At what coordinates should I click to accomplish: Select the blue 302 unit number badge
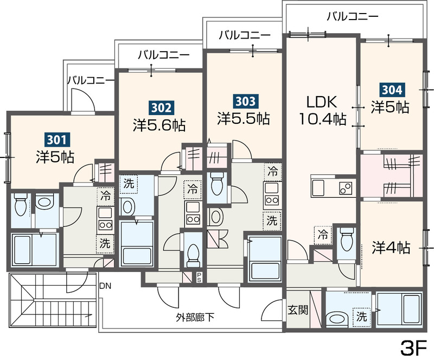click(161, 108)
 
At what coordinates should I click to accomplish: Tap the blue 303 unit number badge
click(244, 100)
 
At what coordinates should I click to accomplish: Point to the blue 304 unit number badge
click(391, 89)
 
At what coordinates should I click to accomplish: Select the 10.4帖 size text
click(323, 119)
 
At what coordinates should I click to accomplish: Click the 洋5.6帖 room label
click(159, 125)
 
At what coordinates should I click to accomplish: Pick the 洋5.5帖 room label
click(244, 117)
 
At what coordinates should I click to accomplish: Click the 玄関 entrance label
click(298, 310)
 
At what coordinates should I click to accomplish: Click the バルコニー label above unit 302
click(163, 55)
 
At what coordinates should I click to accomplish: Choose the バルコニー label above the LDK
click(352, 16)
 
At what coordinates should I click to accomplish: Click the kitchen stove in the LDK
click(345, 188)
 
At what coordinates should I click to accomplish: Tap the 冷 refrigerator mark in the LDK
click(323, 235)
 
